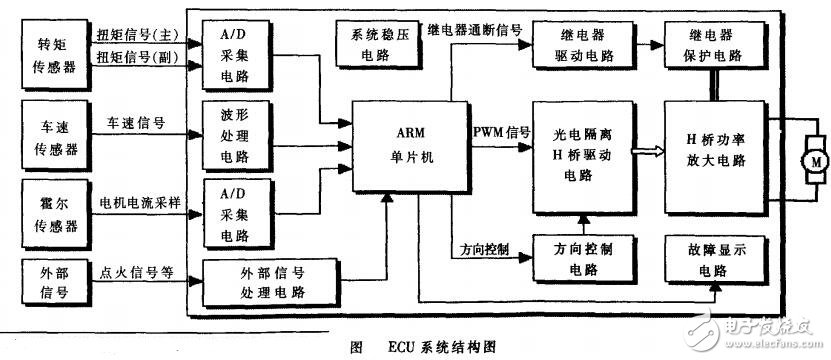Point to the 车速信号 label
click(x=136, y=123)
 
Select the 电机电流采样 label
click(x=139, y=203)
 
